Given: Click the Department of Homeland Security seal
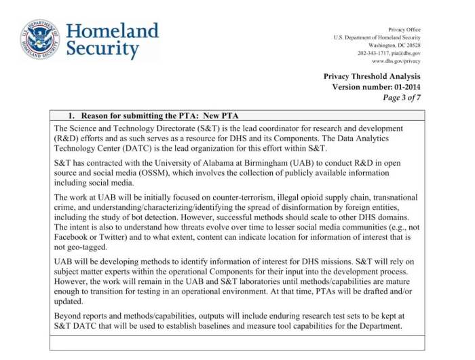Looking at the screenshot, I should [x=39, y=39].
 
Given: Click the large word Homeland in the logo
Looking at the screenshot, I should [x=112, y=31].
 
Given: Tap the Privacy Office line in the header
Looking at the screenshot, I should [x=404, y=29].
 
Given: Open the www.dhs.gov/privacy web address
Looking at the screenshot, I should [x=397, y=60].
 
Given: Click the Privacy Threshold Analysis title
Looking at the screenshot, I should [x=372, y=76].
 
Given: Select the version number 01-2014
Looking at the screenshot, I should [x=404, y=87].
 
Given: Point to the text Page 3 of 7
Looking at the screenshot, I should [x=402, y=98].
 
